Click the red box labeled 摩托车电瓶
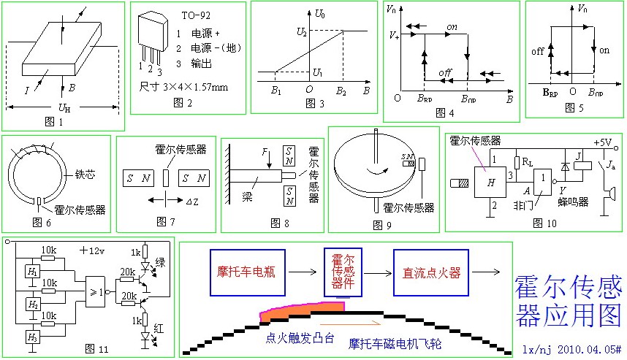coord(248,273)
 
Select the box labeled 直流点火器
coord(431,273)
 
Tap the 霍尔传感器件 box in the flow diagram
coord(343,271)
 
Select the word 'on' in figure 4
coord(452,26)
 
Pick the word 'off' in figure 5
coord(539,51)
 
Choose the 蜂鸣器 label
coord(574,202)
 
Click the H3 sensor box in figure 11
coord(31,337)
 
